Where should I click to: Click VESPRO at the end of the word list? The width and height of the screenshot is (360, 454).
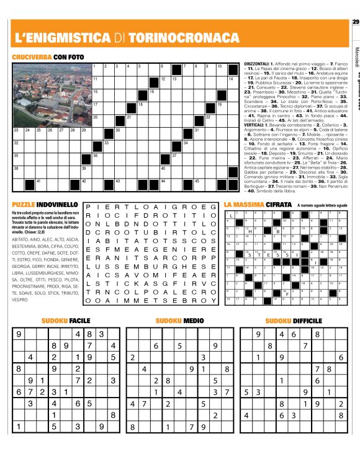[x=20, y=300]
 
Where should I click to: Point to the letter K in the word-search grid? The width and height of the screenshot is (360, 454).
[x=132, y=278]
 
